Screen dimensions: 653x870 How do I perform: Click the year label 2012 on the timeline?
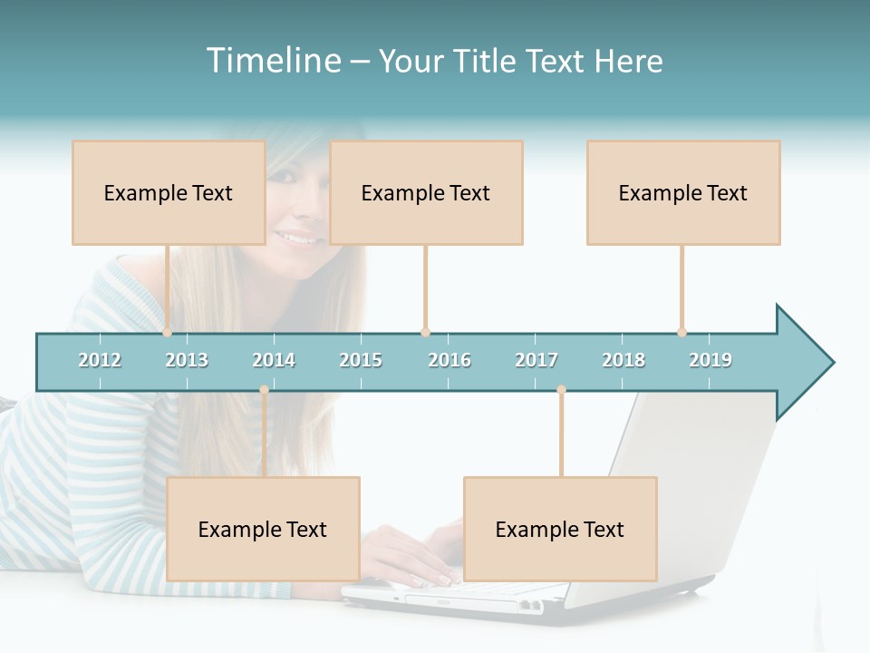tap(100, 360)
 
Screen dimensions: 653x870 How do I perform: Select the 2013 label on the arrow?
tap(187, 360)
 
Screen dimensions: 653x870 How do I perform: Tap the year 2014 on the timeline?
tap(274, 360)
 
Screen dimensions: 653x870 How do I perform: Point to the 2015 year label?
tap(361, 360)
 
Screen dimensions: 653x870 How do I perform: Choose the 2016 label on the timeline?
tap(449, 360)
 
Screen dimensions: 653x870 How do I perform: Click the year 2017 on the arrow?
tap(536, 360)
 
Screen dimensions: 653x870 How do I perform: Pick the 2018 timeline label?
tap(623, 360)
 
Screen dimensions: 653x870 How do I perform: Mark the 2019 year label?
tap(710, 360)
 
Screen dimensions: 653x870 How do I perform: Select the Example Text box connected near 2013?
tap(169, 192)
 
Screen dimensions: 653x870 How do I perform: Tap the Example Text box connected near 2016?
tap(426, 192)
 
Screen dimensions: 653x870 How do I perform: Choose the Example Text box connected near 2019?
tap(683, 192)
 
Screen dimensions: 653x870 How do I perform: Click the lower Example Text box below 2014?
tap(263, 529)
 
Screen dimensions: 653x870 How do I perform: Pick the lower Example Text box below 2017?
tap(560, 529)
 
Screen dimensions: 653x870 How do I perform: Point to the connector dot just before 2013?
tap(167, 332)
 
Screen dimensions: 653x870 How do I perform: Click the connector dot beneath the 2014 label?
tap(264, 390)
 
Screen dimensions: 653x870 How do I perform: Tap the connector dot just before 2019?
tap(681, 332)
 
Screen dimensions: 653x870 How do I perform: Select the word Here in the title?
tap(628, 61)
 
